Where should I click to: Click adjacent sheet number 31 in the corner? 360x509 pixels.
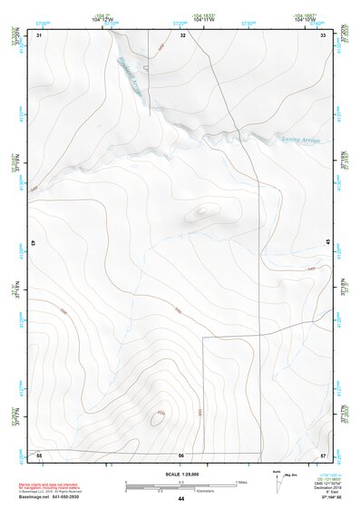point(39,34)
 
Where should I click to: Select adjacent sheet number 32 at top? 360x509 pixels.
point(183,34)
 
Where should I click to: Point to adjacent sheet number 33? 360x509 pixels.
point(324,34)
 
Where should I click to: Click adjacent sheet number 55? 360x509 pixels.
point(39,454)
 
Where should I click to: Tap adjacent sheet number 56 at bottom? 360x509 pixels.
point(181,454)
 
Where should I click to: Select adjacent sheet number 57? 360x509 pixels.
point(324,454)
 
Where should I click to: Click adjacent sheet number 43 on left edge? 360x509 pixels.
point(34,244)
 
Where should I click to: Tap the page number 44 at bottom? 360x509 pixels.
point(180,499)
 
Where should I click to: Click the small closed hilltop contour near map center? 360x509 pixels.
point(204,211)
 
